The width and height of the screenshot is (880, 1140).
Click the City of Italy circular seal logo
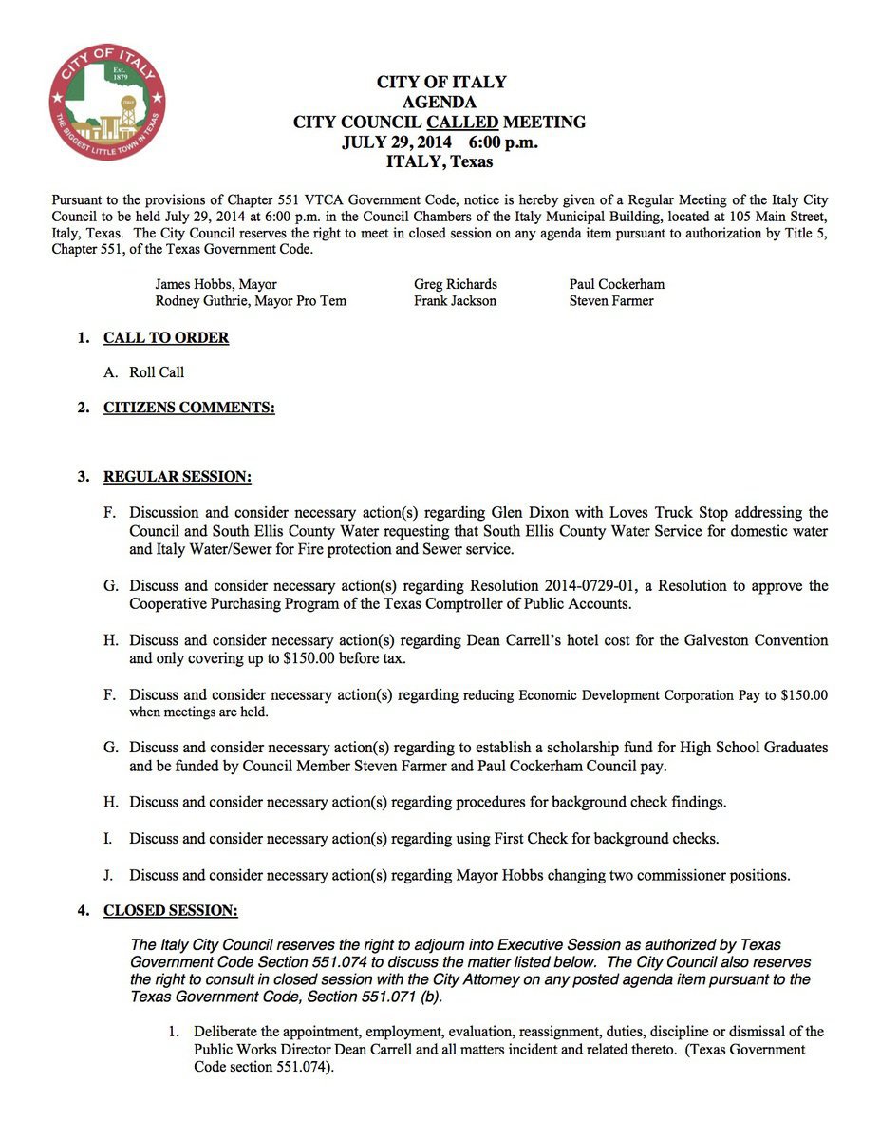107,101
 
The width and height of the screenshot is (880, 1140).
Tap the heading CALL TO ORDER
166,338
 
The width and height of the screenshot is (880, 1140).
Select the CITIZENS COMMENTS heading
189,408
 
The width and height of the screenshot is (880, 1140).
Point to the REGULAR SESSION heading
178,476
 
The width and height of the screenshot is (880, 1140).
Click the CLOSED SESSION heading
170,911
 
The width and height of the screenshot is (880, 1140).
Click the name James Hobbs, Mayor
216,284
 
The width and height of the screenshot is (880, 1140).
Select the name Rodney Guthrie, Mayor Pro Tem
251,301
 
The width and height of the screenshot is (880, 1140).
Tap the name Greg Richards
456,284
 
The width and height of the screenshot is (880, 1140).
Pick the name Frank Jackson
455,301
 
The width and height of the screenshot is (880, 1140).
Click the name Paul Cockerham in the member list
617,284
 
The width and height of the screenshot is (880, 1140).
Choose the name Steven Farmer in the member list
611,301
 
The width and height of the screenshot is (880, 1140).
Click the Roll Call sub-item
157,372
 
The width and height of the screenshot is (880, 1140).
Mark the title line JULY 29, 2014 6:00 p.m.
440,142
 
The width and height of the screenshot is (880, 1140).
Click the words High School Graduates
743,748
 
